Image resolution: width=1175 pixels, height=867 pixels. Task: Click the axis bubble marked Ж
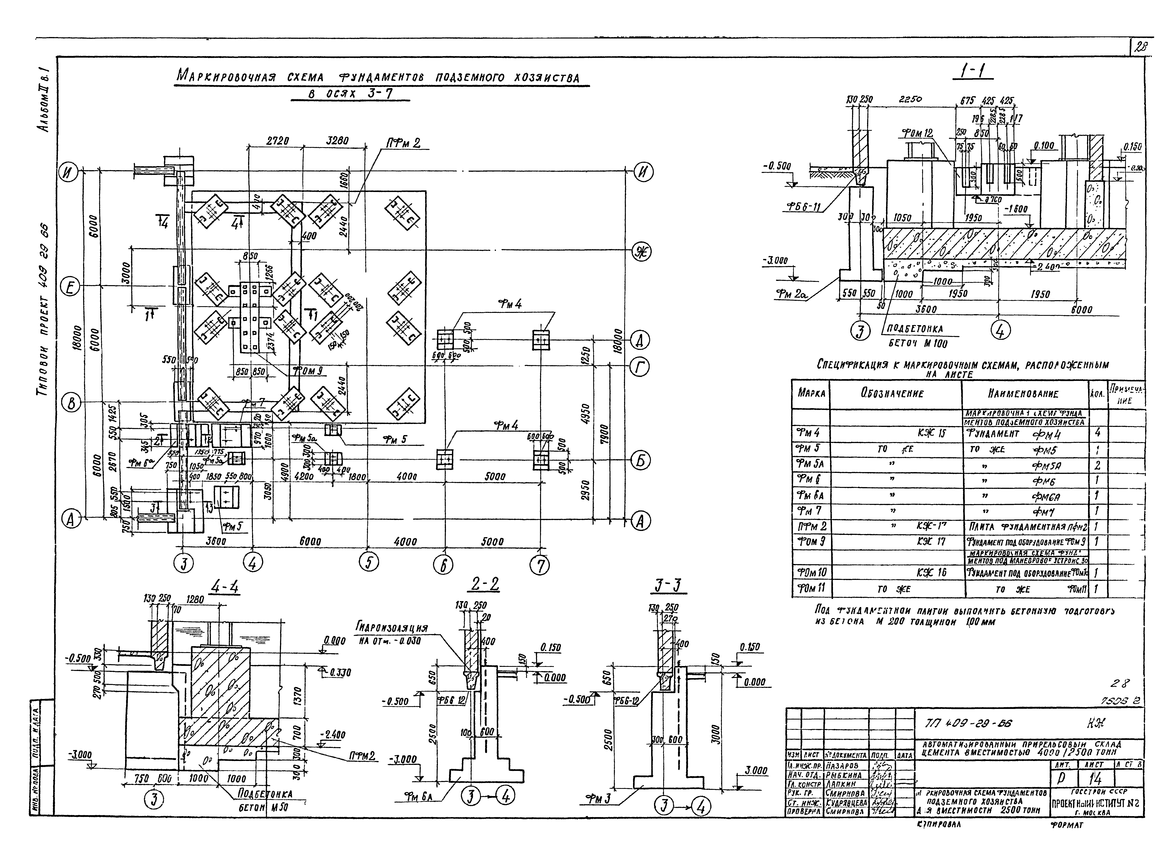(641, 253)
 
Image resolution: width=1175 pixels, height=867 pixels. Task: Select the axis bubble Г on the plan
(639, 368)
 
